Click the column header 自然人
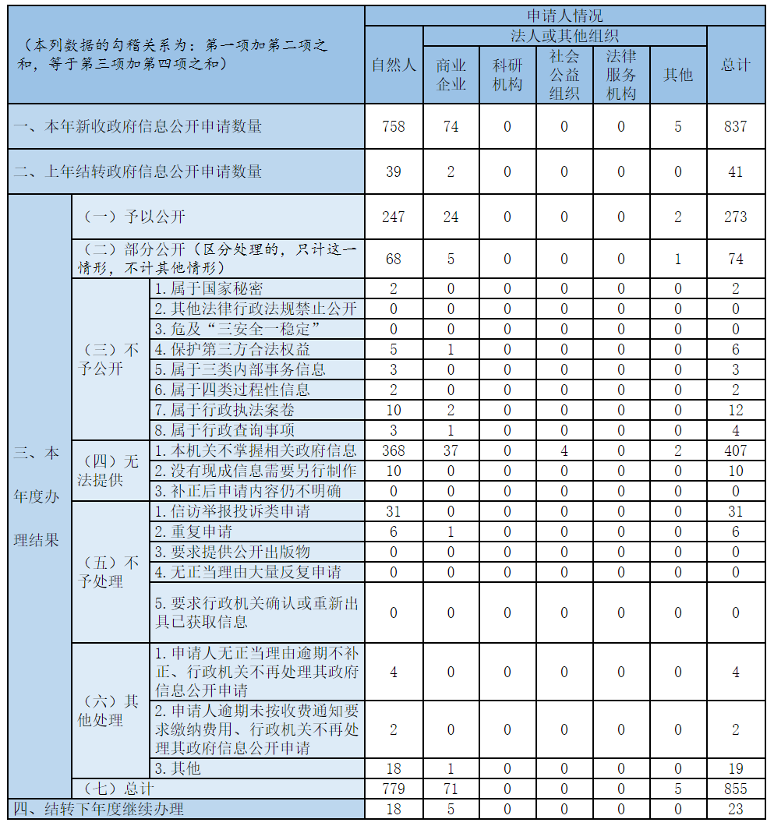394,65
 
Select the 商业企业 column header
451,74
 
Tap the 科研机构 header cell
507,74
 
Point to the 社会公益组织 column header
564,74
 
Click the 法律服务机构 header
621,74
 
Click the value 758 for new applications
394,126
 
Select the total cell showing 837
735,126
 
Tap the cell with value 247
394,217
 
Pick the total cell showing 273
735,217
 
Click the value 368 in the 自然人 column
394,450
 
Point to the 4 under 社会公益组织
564,450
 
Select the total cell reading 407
735,450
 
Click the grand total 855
735,789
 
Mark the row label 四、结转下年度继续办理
99,809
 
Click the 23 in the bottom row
735,809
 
